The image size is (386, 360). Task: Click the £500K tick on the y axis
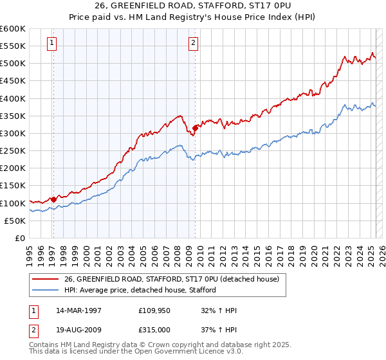pyautogui.click(x=13, y=64)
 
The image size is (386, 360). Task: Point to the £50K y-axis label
pyautogui.click(x=15, y=221)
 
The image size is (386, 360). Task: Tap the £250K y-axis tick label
pyautogui.click(x=13, y=150)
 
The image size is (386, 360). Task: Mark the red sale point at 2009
pyautogui.click(x=195, y=128)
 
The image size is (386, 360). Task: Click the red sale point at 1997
pyautogui.click(x=54, y=199)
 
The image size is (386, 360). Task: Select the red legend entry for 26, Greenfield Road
pyautogui.click(x=172, y=280)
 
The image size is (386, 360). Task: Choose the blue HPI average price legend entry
pyautogui.click(x=140, y=291)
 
